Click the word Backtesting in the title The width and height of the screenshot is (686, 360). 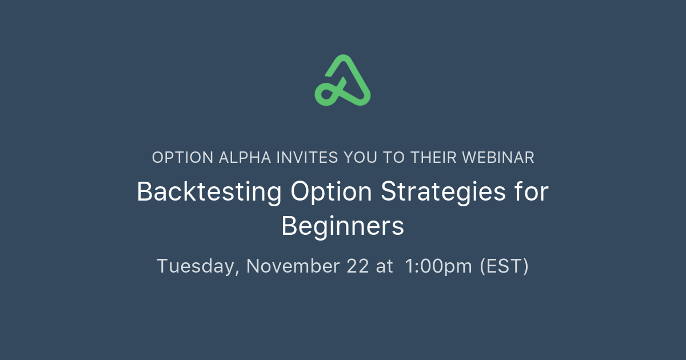point(209,193)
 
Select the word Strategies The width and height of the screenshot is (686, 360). point(443,193)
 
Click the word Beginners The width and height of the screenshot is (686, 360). point(343,226)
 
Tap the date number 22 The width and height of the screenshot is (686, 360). point(357,266)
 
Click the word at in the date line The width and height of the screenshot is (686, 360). point(385,266)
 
